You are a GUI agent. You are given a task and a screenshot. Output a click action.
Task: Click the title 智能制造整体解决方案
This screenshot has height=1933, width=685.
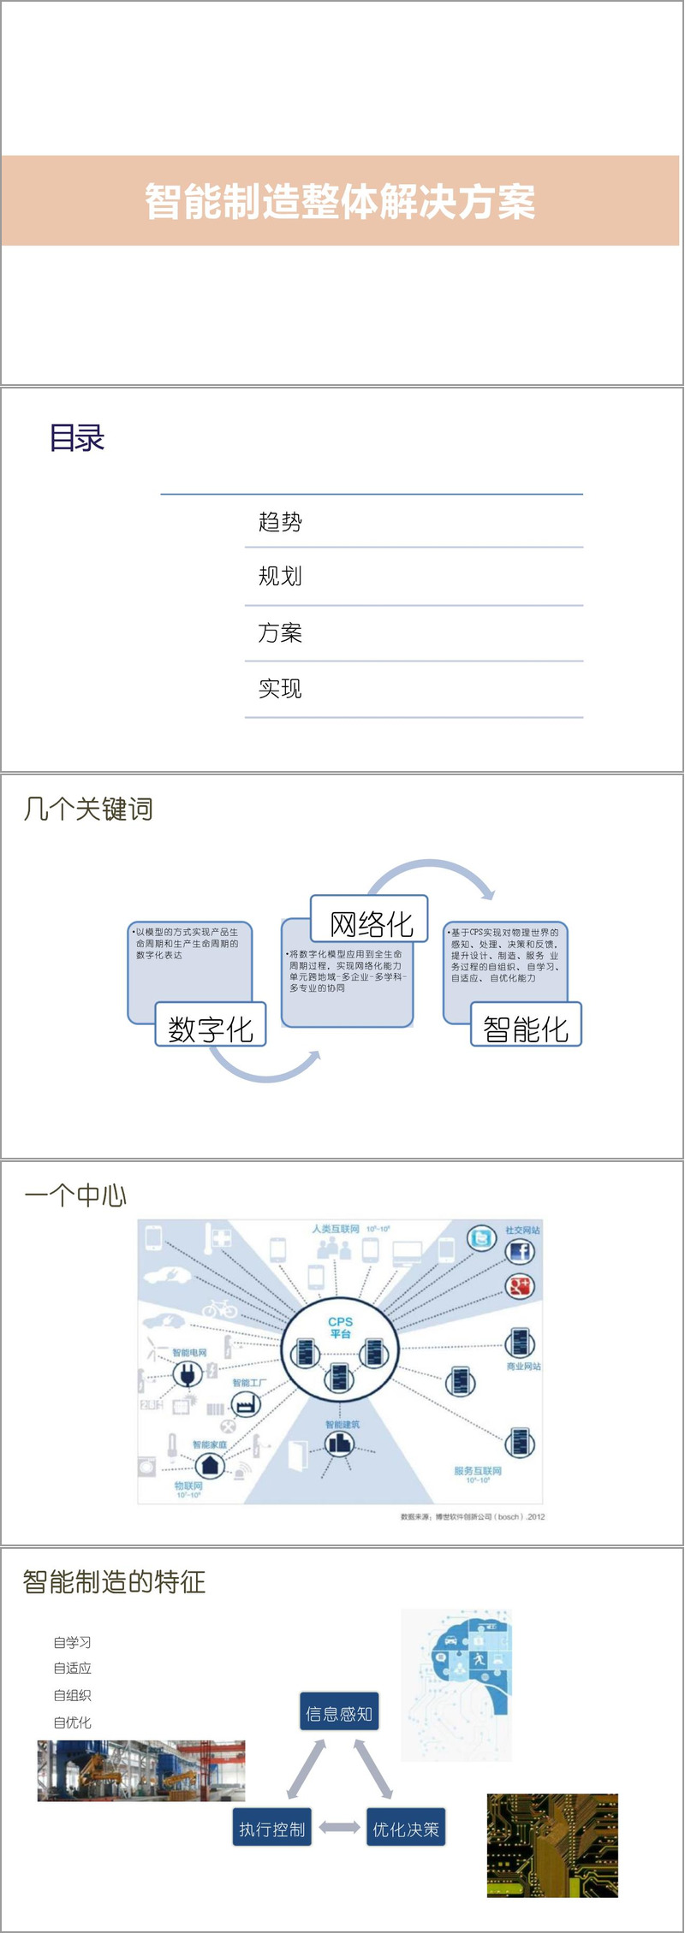[340, 202]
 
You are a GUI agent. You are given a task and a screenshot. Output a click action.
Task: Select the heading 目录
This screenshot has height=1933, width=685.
[77, 438]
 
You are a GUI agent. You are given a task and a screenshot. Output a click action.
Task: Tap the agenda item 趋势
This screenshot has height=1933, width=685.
[280, 522]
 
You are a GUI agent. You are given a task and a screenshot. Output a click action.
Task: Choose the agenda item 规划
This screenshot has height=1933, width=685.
[280, 576]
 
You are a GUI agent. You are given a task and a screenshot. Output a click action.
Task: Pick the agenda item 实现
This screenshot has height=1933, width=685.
[280, 689]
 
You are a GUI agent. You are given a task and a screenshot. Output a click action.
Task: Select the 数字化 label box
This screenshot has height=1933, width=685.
[211, 1028]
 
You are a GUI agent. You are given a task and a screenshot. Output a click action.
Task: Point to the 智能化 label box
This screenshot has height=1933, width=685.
[526, 1028]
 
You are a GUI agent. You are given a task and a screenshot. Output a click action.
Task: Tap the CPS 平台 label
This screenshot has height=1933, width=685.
[340, 1327]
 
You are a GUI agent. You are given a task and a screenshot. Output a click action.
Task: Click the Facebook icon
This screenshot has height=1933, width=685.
[520, 1252]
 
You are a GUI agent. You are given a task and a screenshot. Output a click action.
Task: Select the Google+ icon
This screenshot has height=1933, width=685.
[520, 1286]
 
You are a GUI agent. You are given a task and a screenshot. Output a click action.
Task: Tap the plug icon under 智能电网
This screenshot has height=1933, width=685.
[187, 1374]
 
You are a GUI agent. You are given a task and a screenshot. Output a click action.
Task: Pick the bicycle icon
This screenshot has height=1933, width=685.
[220, 1307]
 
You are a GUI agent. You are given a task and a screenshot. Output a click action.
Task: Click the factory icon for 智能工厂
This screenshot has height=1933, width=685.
[246, 1405]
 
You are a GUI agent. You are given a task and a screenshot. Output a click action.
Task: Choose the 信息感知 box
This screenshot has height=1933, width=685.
[339, 1714]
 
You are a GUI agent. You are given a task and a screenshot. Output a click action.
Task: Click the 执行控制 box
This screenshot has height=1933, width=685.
[272, 1829]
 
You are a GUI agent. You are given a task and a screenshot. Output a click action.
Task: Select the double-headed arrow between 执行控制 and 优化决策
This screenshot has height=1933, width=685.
[339, 1829]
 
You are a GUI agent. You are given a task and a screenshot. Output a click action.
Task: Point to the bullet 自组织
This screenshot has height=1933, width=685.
[72, 1695]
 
